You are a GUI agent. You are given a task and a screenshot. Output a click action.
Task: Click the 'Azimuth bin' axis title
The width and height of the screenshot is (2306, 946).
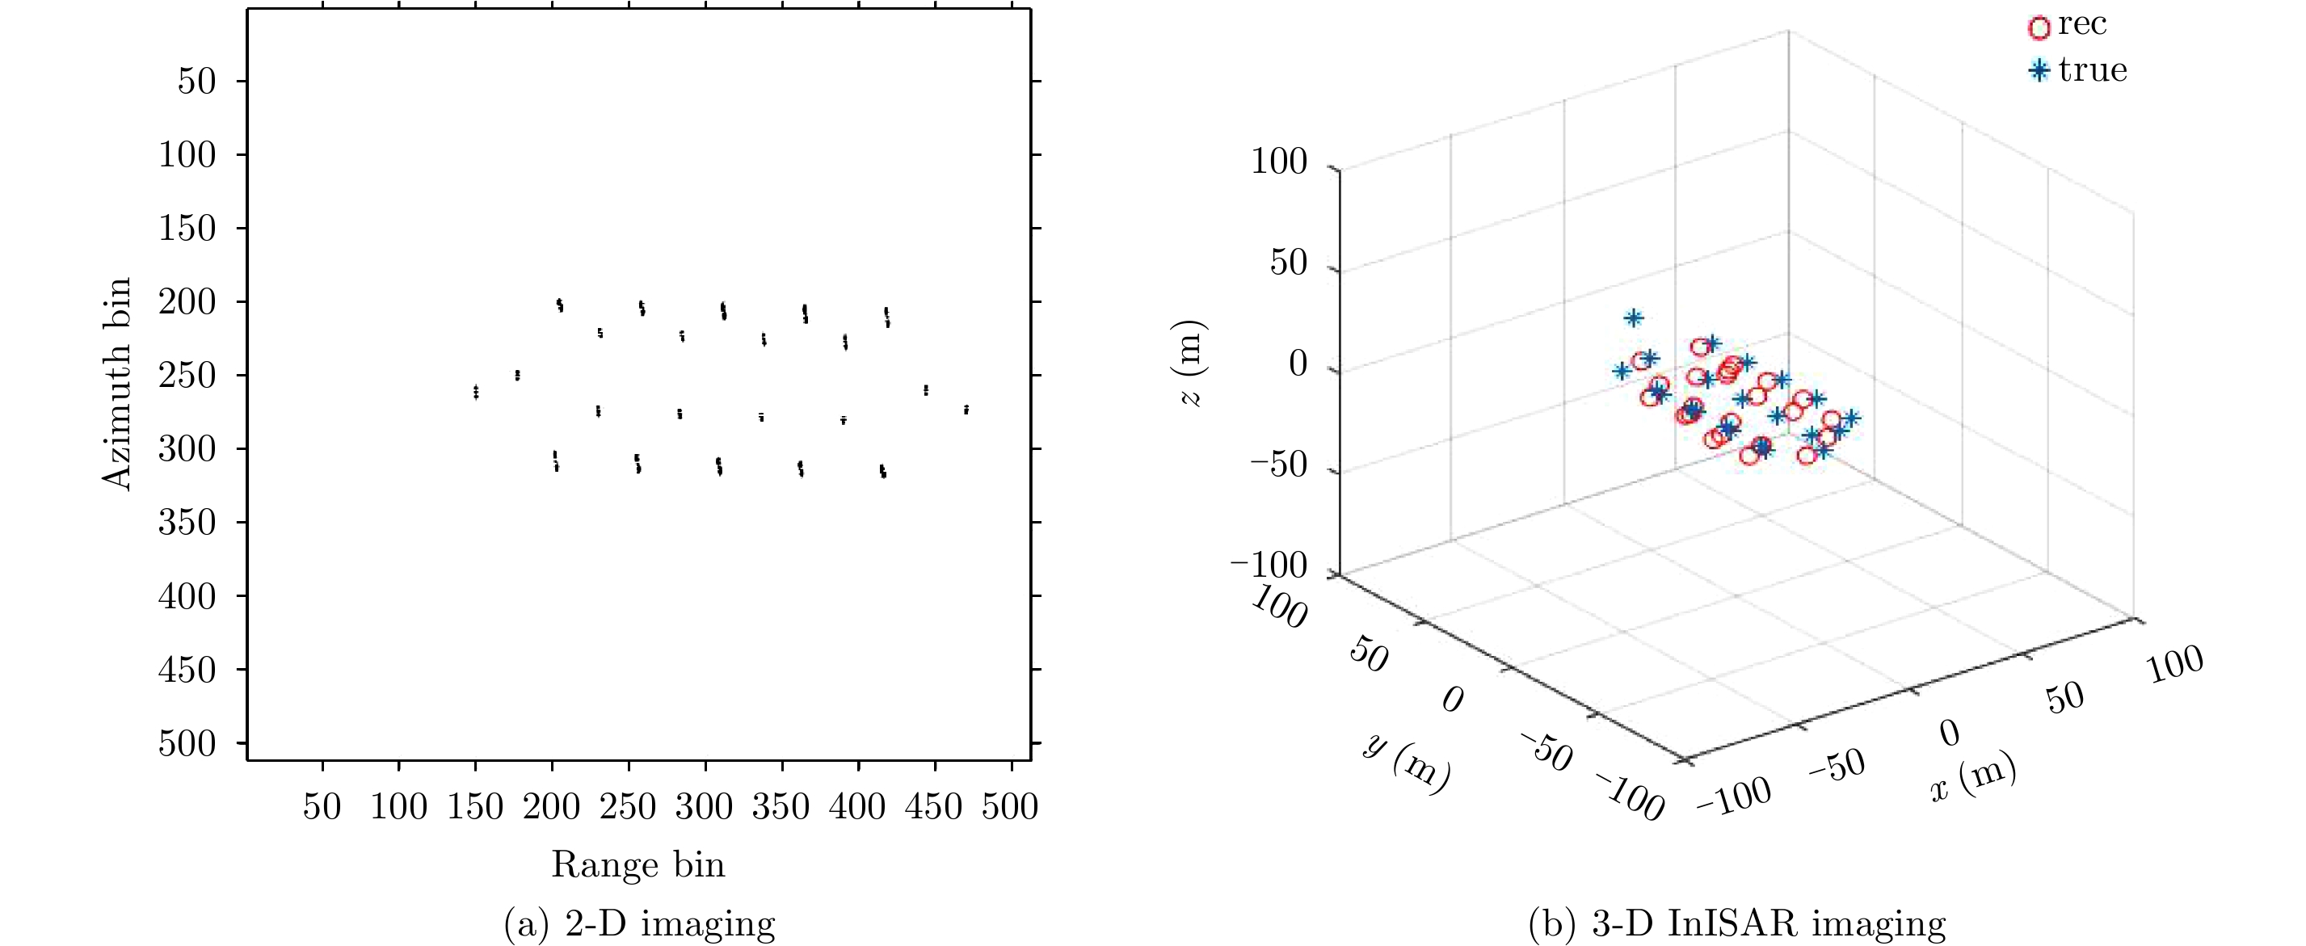(x=117, y=384)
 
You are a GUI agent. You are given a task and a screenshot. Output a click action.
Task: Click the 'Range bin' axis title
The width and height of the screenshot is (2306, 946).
(x=638, y=864)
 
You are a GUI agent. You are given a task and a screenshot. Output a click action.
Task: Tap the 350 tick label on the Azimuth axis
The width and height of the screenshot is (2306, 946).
(x=187, y=523)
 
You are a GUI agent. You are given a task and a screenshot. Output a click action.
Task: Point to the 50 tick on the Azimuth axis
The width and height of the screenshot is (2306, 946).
(x=197, y=82)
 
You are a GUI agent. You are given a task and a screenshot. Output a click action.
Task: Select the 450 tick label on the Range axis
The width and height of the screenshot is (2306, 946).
(x=934, y=807)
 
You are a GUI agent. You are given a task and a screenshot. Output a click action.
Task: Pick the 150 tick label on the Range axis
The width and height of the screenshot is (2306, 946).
(x=474, y=807)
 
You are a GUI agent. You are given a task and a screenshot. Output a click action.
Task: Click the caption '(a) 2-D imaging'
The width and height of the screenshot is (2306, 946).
(x=639, y=923)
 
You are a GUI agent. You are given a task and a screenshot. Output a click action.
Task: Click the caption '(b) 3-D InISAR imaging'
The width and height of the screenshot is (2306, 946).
(x=1736, y=923)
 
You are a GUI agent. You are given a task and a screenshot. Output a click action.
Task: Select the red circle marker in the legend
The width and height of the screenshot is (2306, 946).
(x=2039, y=27)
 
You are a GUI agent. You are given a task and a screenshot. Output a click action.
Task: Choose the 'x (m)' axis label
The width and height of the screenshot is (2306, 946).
(x=1973, y=777)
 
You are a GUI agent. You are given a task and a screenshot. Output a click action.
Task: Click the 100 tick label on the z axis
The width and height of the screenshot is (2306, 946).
(x=1278, y=162)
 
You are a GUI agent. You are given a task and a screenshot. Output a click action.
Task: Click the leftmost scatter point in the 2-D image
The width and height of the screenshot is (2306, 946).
(x=475, y=392)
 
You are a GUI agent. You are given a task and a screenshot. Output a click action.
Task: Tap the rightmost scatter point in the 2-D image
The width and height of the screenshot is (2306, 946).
(x=966, y=409)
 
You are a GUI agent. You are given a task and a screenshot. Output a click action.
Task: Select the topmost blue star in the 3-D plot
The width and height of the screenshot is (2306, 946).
(x=1634, y=317)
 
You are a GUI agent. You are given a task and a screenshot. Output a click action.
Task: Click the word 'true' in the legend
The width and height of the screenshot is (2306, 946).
(x=2092, y=69)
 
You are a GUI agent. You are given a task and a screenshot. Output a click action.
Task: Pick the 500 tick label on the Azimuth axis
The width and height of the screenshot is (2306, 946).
(x=187, y=744)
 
